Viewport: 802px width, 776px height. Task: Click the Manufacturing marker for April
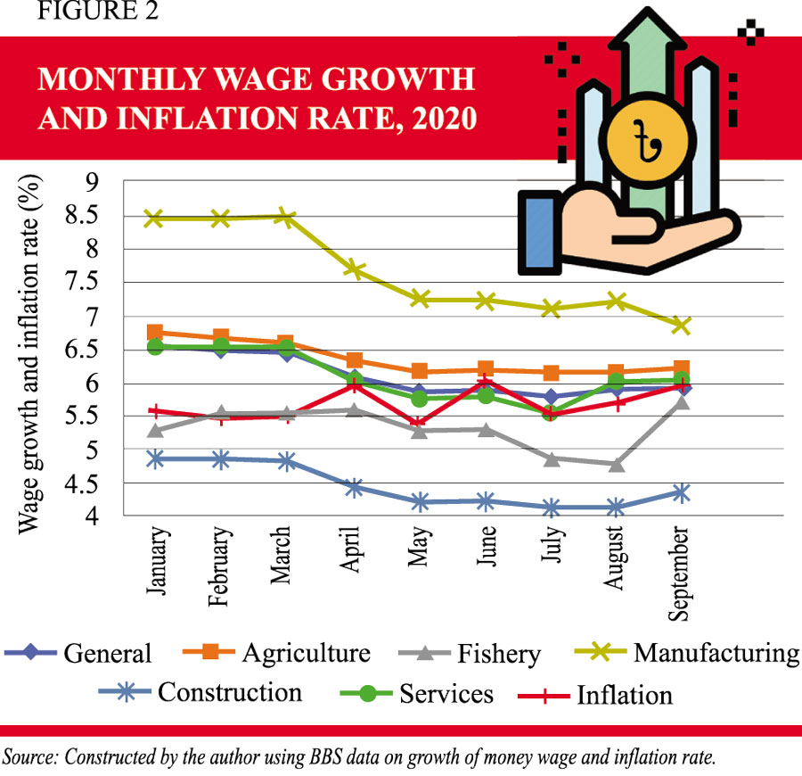[355, 268]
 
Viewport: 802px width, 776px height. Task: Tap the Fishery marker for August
[615, 464]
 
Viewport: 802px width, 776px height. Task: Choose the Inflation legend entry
[625, 694]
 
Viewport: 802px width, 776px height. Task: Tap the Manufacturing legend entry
[716, 653]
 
